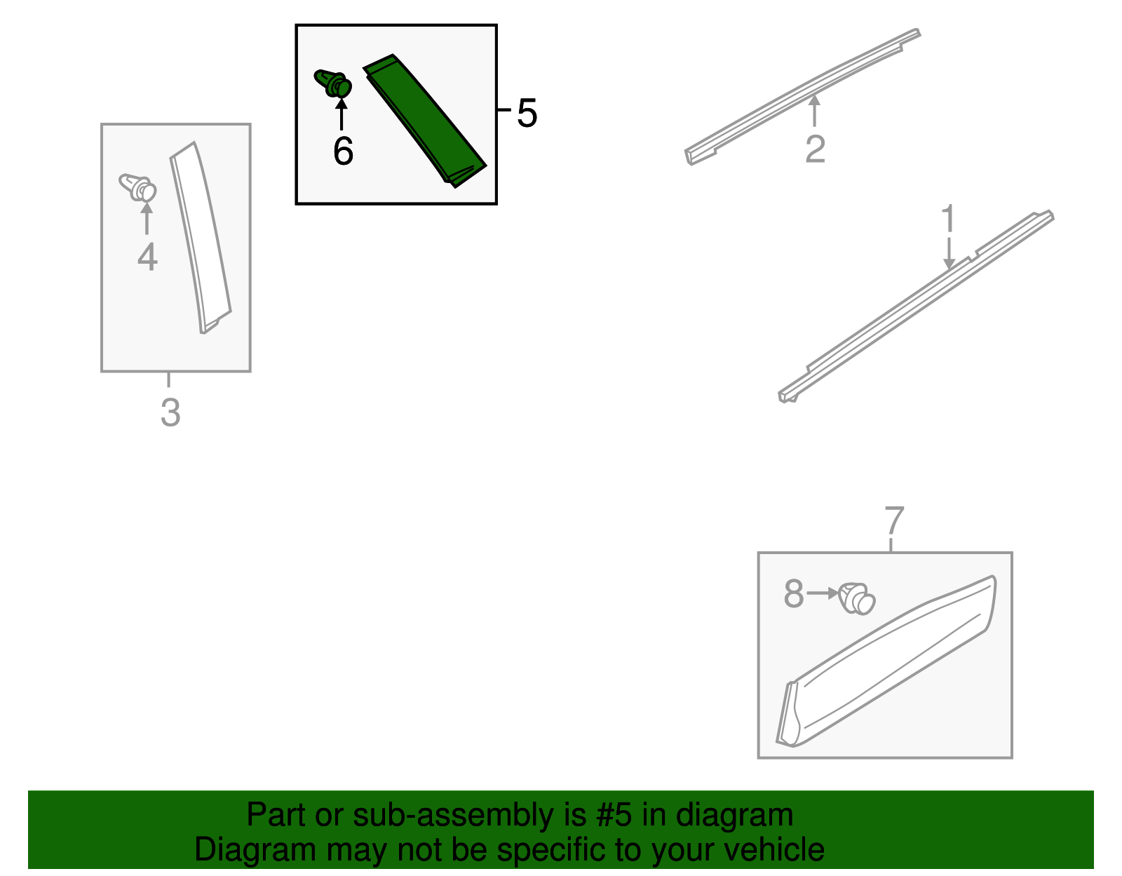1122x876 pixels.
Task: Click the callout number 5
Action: (x=527, y=113)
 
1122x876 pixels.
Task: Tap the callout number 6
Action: (x=344, y=151)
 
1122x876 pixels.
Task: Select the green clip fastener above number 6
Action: (x=333, y=83)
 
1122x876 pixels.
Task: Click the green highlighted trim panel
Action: (x=424, y=121)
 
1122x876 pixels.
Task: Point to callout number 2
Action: (x=816, y=149)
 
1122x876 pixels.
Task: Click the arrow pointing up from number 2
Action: (x=814, y=111)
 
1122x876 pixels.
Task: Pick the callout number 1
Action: (x=948, y=218)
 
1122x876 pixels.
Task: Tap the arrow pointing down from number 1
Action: (x=949, y=253)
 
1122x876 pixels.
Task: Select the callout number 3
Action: (x=170, y=412)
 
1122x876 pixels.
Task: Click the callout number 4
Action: (x=147, y=257)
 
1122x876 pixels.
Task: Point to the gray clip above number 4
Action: (x=137, y=188)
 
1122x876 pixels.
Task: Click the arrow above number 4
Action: (x=147, y=219)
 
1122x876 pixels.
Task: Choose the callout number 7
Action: (x=894, y=520)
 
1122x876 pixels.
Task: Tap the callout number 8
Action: (x=794, y=593)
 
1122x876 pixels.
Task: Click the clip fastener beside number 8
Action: (x=856, y=599)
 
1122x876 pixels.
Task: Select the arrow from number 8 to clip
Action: (x=823, y=593)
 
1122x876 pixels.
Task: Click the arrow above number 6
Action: (x=342, y=114)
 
